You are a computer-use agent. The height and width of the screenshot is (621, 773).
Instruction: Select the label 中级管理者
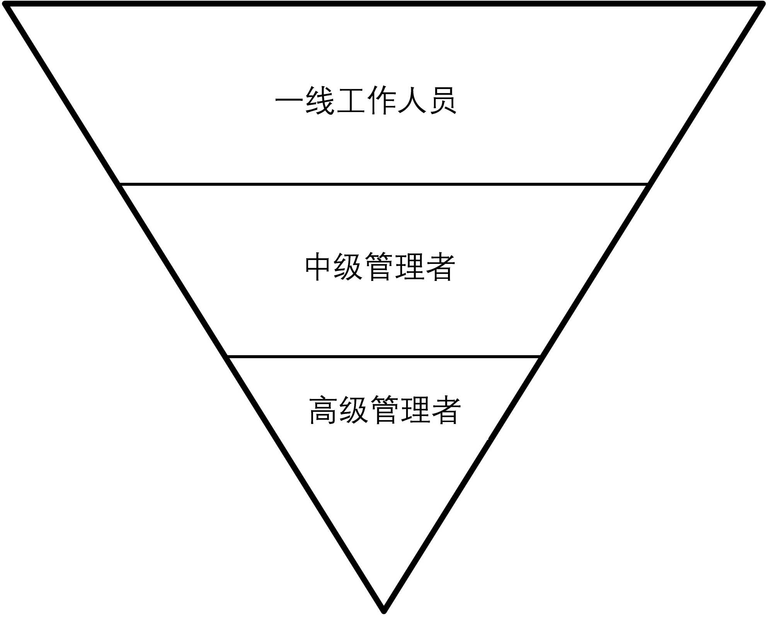pos(380,267)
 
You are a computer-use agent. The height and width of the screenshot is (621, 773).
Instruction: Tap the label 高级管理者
pos(385,410)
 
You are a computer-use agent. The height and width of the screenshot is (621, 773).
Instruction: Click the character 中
pos(318,267)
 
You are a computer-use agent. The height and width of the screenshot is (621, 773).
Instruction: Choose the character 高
pos(323,410)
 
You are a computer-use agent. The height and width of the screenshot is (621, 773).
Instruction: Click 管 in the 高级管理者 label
pos(385,410)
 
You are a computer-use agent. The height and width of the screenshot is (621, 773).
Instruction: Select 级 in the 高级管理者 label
pos(354,410)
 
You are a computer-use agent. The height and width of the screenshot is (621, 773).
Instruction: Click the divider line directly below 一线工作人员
pos(384,184)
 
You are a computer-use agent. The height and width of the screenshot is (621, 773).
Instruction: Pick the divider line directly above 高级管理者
pos(384,356)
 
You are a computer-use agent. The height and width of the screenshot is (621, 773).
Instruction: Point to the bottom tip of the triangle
pos(384,611)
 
